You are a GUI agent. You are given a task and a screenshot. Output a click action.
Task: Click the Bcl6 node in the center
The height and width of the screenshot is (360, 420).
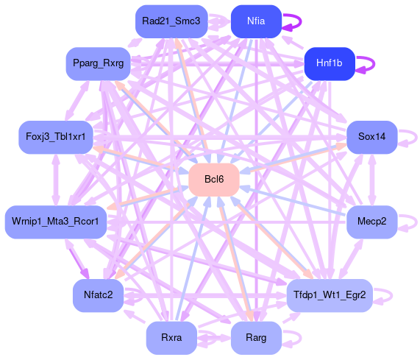[214, 180]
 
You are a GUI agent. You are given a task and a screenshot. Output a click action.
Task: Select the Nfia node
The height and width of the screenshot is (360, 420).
[256, 21]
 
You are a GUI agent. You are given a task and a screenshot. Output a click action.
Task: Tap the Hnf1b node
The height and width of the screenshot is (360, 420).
[330, 63]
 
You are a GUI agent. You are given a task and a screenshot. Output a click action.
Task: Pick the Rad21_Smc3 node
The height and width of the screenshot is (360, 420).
[171, 21]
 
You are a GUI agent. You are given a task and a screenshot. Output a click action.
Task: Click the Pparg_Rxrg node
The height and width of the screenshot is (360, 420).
[99, 63]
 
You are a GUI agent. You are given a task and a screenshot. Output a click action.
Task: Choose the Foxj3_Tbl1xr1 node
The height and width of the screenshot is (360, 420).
[56, 137]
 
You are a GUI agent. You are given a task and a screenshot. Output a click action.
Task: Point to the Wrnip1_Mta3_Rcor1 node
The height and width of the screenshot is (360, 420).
[56, 222]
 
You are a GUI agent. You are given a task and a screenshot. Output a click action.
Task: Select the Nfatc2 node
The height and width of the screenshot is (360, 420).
[99, 295]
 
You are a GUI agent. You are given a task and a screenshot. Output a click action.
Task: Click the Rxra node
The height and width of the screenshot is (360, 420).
[171, 337]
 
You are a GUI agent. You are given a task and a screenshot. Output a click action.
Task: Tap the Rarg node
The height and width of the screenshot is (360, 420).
[256, 337]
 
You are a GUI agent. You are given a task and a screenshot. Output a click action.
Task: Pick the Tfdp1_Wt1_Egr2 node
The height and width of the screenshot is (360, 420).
[330, 295]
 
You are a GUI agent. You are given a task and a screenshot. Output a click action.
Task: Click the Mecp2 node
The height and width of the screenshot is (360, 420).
[371, 222]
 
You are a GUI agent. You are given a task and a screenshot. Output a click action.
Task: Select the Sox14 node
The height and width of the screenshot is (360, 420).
[371, 137]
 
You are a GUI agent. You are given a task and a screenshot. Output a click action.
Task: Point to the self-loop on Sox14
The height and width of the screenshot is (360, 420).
[416, 137]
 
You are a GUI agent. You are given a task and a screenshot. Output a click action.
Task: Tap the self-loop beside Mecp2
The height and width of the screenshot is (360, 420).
[416, 222]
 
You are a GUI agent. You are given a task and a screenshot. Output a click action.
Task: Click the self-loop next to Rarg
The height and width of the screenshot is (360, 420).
[301, 338]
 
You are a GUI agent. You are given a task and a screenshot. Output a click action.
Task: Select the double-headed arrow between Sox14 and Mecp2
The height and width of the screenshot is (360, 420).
[371, 180]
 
